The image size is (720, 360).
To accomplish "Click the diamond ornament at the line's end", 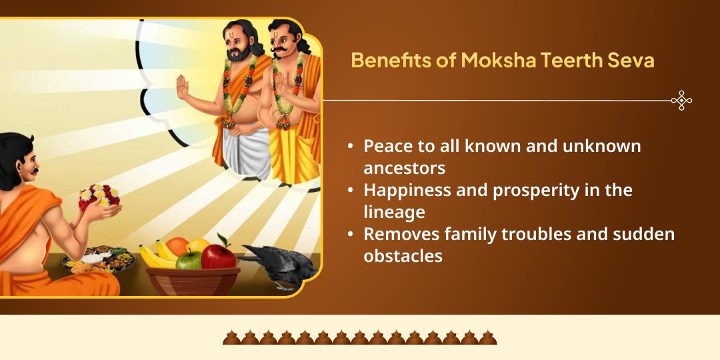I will [681, 101].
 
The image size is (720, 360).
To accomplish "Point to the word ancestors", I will [404, 167].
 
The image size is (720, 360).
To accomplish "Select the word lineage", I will [394, 211].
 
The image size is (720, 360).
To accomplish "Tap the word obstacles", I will [403, 256].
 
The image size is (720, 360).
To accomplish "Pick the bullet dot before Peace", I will [351, 146].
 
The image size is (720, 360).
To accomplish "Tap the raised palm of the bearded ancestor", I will [181, 87].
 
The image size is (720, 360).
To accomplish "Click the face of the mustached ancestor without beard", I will [281, 41].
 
